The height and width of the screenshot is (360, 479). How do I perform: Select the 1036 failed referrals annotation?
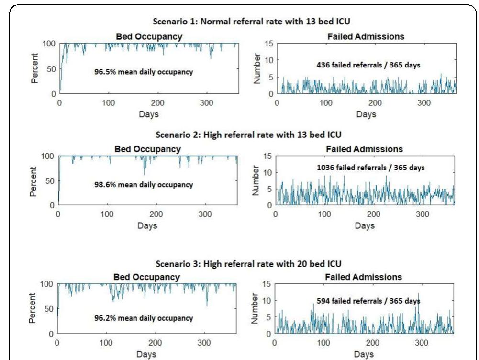pos(364,168)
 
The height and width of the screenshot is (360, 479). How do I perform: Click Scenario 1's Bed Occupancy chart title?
pos(148,36)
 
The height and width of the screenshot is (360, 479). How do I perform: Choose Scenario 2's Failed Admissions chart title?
pos(364,149)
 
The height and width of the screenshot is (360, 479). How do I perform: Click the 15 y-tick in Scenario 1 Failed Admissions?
pos(269,44)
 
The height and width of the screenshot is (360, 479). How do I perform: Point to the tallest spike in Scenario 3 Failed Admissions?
pos(418,293)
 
